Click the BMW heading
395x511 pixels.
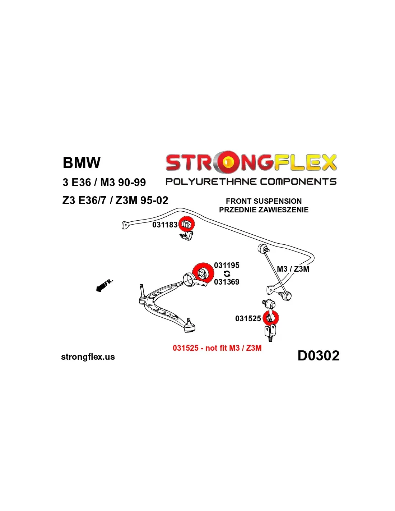(x=82, y=163)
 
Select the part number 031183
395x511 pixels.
(x=165, y=225)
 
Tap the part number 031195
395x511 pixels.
(x=227, y=266)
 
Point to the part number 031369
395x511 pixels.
(x=227, y=282)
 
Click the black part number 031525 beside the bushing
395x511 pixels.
(x=248, y=319)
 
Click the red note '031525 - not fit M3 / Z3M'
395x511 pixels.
(x=217, y=348)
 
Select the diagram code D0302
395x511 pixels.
(x=318, y=356)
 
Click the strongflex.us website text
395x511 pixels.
(x=88, y=357)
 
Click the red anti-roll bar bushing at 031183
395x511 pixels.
(x=186, y=224)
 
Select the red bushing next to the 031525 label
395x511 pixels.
(x=271, y=318)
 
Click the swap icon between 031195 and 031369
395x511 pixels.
(x=227, y=274)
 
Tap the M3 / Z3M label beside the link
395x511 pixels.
(x=293, y=269)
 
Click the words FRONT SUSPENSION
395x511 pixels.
(x=264, y=201)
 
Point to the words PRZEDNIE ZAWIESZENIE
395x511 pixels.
(x=264, y=210)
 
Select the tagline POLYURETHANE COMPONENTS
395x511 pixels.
(x=251, y=182)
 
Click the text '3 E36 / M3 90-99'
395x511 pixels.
(x=104, y=183)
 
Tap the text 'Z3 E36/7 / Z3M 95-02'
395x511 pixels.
(x=115, y=201)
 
